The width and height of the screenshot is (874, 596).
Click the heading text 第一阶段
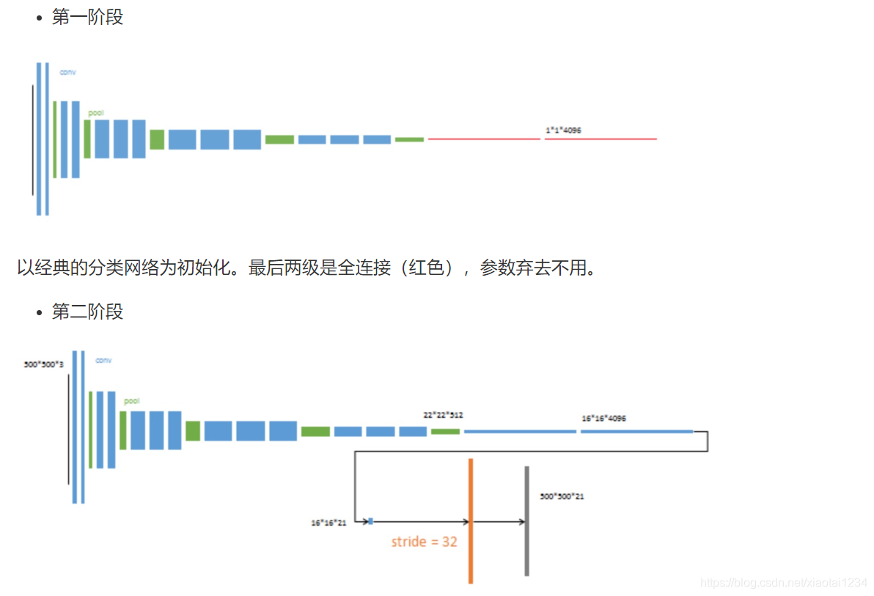point(87,18)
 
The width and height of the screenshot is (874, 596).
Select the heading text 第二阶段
point(87,312)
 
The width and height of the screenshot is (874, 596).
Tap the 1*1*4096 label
point(563,130)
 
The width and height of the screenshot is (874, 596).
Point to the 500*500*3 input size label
point(44,364)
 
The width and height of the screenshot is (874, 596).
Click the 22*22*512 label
point(443,415)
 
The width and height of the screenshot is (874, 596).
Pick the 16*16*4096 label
point(603,419)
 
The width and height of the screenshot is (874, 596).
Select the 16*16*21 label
point(328,523)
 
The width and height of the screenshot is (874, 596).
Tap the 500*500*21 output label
point(562,497)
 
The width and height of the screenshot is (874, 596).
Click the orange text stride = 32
point(424,542)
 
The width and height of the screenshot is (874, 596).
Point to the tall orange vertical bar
point(471,520)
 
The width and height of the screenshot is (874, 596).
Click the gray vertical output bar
point(526,520)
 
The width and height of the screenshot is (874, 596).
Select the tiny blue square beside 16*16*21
point(370,521)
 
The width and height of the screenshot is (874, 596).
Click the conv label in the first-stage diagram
point(67,72)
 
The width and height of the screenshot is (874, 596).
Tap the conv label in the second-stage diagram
point(103,361)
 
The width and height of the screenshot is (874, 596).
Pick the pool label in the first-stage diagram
point(96,113)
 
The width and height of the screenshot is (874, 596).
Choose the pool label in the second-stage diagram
point(131,402)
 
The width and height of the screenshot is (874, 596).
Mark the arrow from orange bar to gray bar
point(499,522)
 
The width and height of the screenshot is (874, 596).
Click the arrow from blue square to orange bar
point(419,522)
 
